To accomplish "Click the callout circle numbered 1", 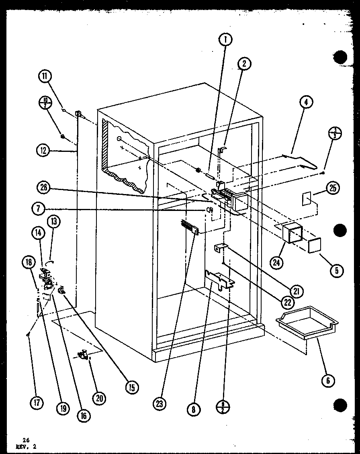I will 226,39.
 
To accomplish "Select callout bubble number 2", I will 244,63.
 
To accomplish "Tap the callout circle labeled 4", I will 306,102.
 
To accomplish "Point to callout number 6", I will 328,380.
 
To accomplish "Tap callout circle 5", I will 336,270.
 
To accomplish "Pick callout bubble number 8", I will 194,409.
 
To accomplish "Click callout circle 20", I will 99,397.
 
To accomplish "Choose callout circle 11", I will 45,76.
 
